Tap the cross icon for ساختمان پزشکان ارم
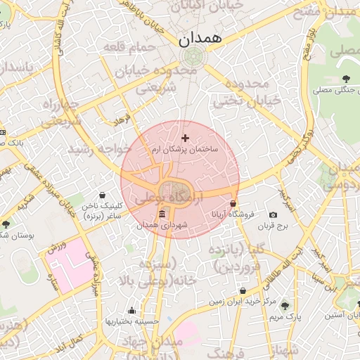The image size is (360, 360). tap(185, 138)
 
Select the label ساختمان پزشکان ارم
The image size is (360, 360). tap(185, 150)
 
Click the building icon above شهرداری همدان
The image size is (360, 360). tap(162, 214)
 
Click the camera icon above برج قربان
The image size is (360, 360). tap(273, 214)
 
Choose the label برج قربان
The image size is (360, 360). tap(273, 226)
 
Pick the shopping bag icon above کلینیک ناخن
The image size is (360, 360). tap(103, 195)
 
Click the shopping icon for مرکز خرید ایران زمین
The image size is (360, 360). tap(243, 290)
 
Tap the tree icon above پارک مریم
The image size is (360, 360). tap(285, 306)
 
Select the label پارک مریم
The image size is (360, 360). tap(285, 317)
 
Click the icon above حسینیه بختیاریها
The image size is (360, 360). tap(131, 310)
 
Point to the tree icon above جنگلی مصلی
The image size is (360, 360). tap(345, 79)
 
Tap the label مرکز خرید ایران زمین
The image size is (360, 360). tap(236, 302)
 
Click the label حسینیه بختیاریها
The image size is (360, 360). tap(132, 321)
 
